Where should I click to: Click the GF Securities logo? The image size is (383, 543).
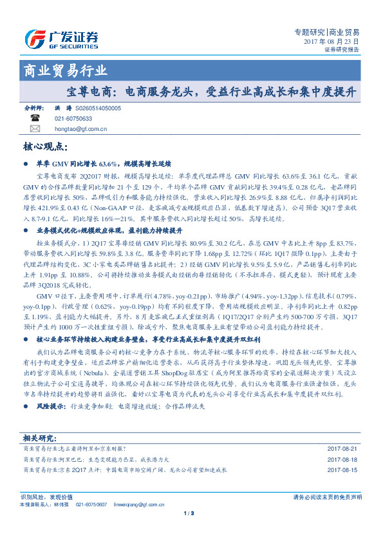click(61, 39)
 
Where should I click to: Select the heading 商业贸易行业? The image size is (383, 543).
click(65, 70)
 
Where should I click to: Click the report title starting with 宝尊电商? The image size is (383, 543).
click(211, 92)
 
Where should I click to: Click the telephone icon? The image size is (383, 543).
click(34, 119)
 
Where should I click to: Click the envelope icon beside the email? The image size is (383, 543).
click(34, 128)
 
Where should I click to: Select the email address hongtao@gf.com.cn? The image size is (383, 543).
click(80, 128)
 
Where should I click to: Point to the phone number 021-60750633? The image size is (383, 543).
click(73, 119)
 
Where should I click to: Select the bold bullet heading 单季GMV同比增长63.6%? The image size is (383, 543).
click(103, 164)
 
